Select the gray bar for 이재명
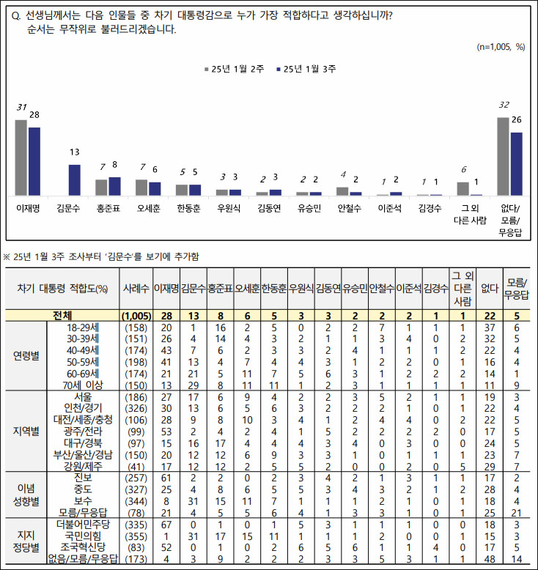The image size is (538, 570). coord(21,158)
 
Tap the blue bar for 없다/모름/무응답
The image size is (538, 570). coord(516,164)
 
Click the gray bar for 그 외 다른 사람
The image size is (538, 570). coord(463,188)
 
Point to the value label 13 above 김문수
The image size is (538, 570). coord(74,152)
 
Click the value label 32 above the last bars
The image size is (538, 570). coord(504,105)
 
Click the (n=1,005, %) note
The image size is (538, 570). coord(501,46)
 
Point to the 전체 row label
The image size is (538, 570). coord(62,316)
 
